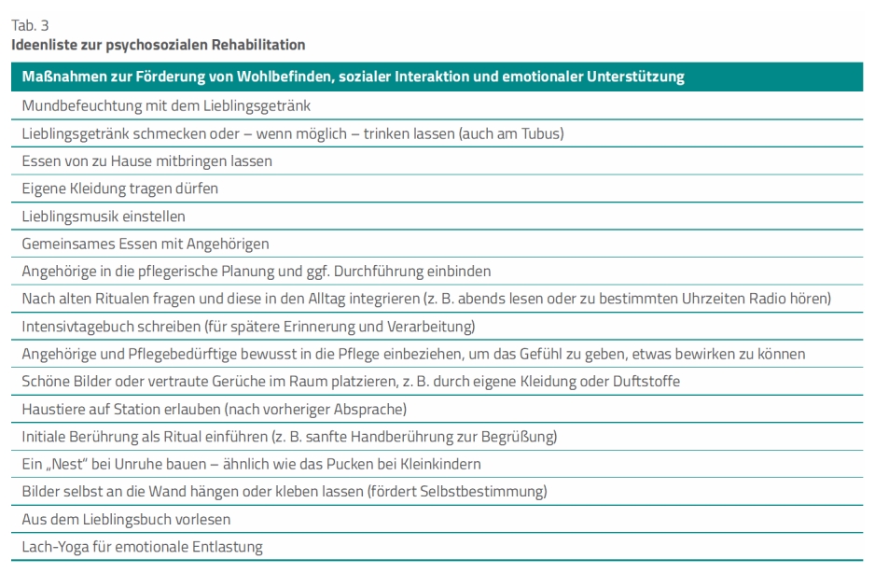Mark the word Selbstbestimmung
click(493, 491)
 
